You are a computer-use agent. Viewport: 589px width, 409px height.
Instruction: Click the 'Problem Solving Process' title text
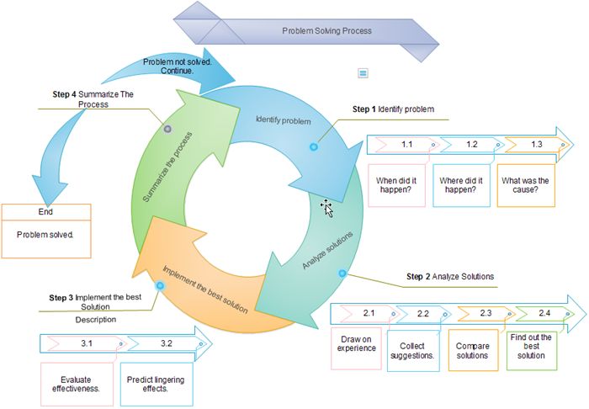326,31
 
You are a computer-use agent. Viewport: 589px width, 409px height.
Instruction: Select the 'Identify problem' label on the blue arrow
284,121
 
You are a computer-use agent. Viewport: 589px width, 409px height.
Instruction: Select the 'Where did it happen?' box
460,185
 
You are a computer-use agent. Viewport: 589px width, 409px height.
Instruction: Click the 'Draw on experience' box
356,344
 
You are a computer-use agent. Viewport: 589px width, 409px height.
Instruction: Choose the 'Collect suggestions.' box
417,350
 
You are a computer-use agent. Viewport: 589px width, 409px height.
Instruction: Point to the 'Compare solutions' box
472,350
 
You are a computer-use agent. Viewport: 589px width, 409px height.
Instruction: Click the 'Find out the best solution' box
531,345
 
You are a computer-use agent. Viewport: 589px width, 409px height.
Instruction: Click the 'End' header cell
45,212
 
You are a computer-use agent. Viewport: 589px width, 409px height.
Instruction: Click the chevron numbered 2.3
486,313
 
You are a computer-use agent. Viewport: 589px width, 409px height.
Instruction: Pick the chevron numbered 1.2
471,145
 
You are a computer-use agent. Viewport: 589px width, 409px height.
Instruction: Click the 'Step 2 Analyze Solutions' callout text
449,276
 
